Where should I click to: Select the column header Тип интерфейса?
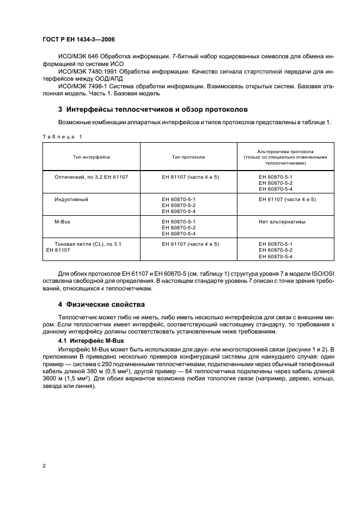pyautogui.click(x=91, y=157)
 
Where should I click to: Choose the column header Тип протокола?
pyautogui.click(x=188, y=157)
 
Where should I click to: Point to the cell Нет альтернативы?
pyautogui.click(x=282, y=222)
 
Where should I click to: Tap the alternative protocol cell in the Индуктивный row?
pyautogui.click(x=287, y=199)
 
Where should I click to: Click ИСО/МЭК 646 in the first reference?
pyautogui.click(x=77, y=57)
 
